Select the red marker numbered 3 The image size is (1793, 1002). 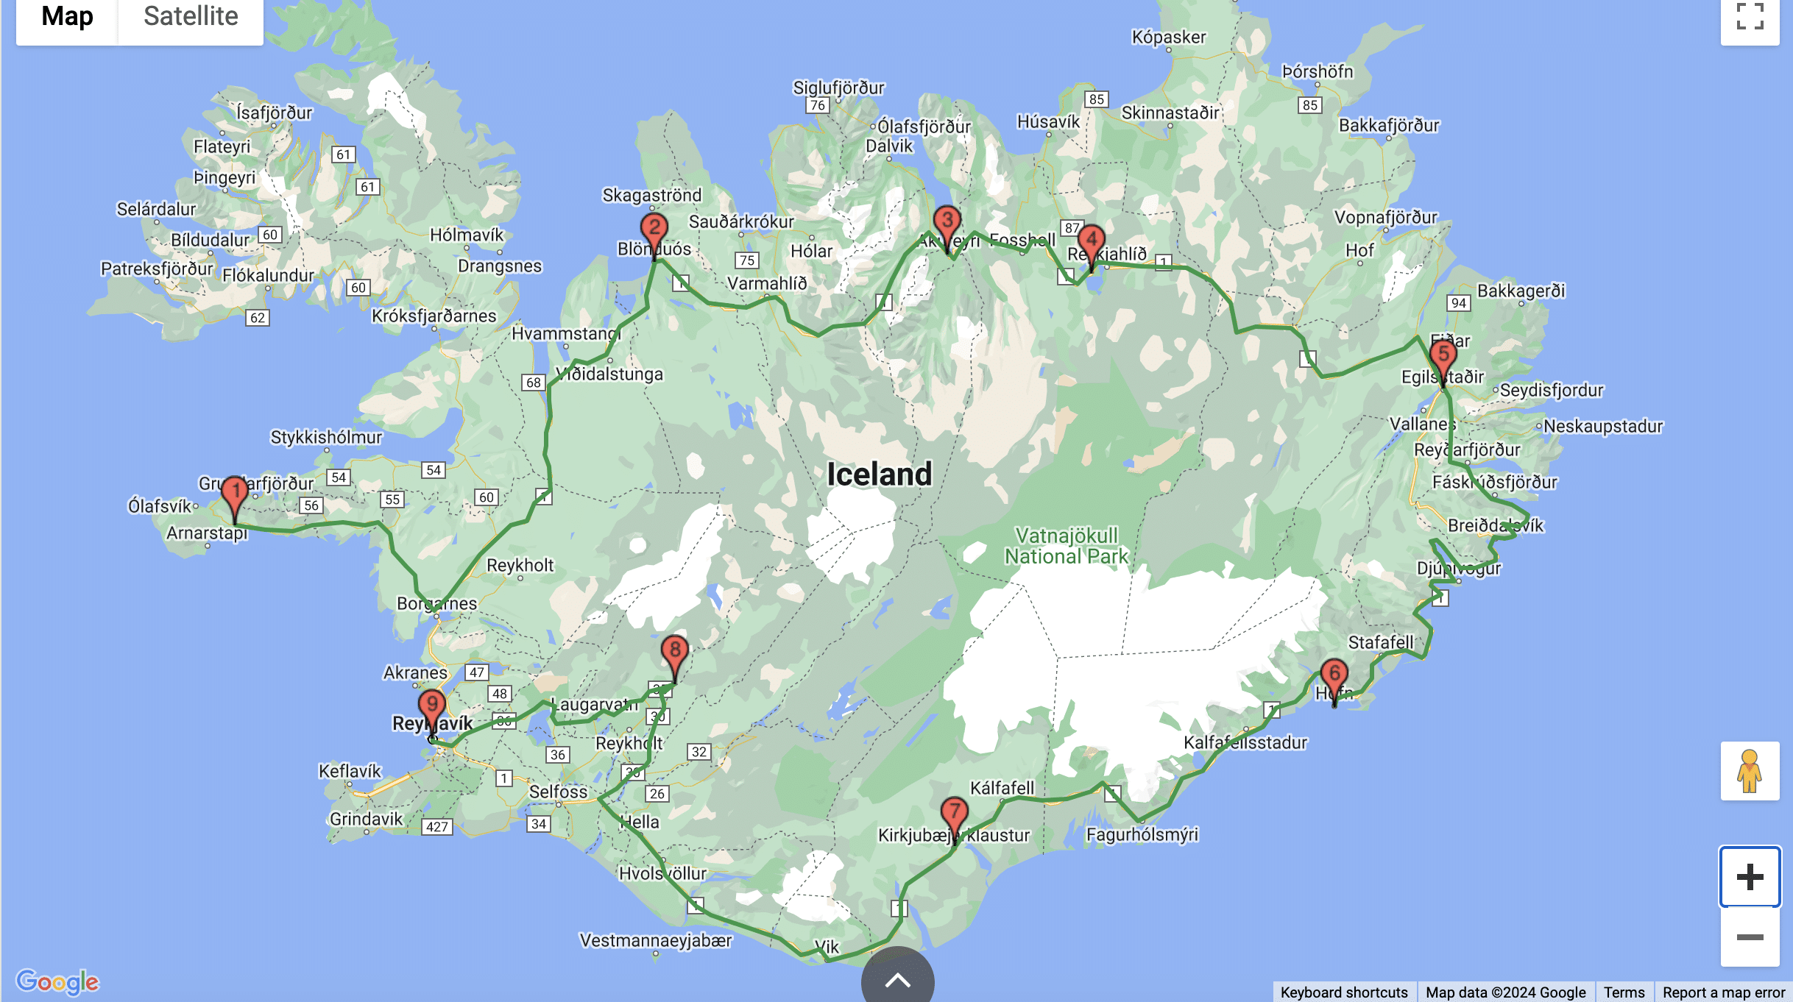click(x=947, y=221)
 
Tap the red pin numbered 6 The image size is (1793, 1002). click(x=1334, y=675)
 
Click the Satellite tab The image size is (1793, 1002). click(x=191, y=16)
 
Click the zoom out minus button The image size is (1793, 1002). click(x=1750, y=937)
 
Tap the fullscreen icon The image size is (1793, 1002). click(x=1750, y=16)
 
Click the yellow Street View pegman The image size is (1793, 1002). click(x=1750, y=770)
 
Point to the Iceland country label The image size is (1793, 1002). click(x=879, y=474)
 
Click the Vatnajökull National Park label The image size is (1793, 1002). click(x=1067, y=546)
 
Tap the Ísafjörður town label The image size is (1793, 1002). click(x=274, y=113)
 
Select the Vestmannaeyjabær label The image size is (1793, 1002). click(x=656, y=940)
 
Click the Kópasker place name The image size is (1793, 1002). click(x=1169, y=37)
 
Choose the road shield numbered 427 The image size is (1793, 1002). click(x=436, y=826)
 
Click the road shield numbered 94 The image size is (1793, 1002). click(x=1458, y=303)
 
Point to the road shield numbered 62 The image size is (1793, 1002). click(x=257, y=318)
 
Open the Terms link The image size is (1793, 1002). click(x=1624, y=992)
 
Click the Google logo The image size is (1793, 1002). click(x=57, y=981)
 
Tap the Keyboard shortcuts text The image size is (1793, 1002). click(x=1344, y=992)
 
